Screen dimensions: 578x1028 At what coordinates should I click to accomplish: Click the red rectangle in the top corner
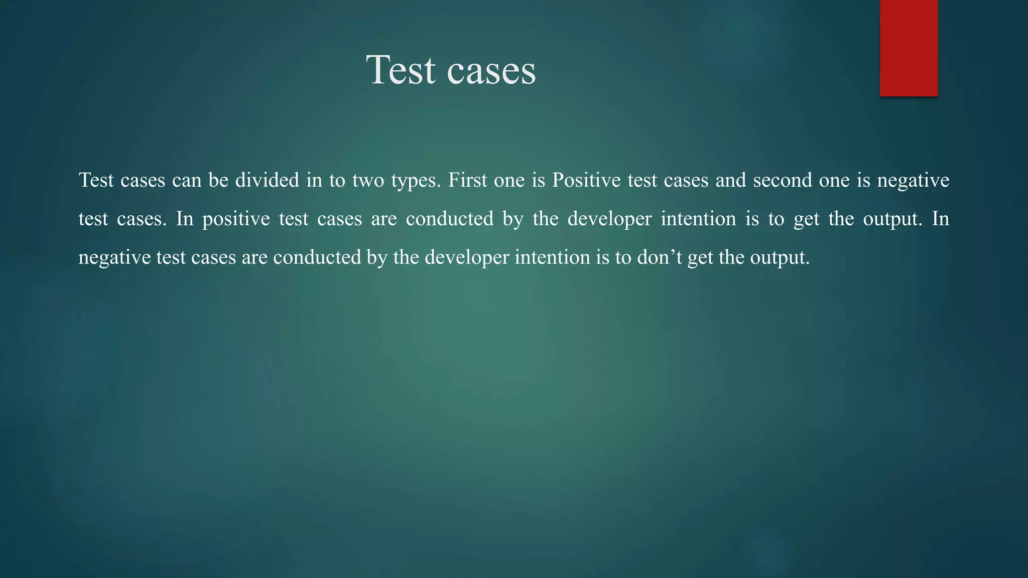pos(909,48)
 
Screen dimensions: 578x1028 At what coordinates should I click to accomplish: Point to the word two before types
pos(368,180)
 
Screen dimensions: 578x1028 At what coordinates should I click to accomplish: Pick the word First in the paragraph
pos(467,180)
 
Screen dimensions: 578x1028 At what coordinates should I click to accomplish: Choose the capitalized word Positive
pos(586,180)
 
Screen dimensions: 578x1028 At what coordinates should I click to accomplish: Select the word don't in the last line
pos(659,257)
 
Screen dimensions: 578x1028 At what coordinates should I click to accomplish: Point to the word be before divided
pos(218,180)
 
